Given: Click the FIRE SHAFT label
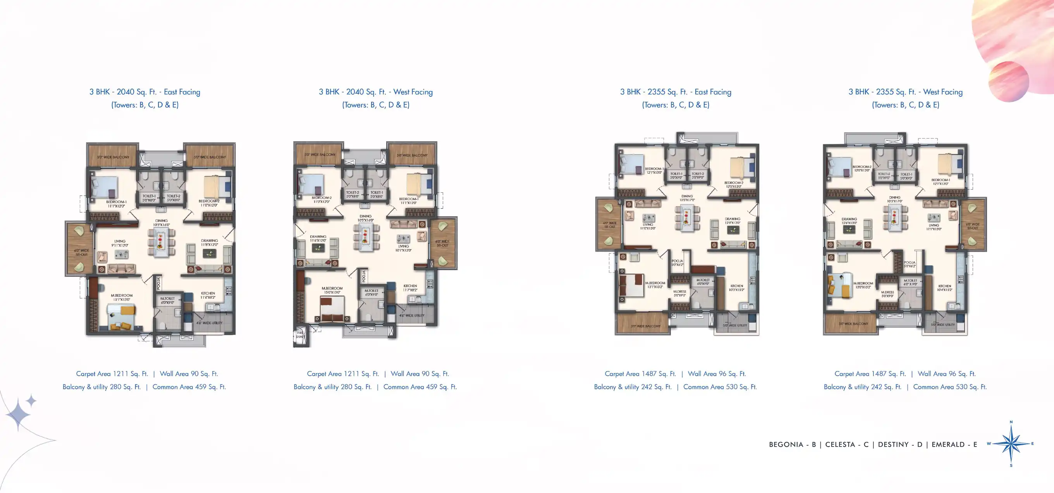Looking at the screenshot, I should point(300,335).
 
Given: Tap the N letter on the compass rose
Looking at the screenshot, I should point(1011,422).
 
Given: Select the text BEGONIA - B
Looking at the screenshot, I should point(792,444).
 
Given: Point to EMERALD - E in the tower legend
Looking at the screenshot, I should point(954,444).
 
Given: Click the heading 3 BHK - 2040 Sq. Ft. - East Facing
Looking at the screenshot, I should point(145,92).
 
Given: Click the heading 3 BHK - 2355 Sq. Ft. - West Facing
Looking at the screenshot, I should point(905,92).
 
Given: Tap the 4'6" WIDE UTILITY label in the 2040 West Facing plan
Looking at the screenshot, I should point(412,316).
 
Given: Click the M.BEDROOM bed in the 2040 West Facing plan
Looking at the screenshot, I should point(332,310).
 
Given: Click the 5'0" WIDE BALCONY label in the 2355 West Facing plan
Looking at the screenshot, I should point(853,324).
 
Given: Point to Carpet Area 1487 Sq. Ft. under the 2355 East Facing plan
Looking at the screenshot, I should point(634,374).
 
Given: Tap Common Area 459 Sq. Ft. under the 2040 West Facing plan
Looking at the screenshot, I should point(420,387).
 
